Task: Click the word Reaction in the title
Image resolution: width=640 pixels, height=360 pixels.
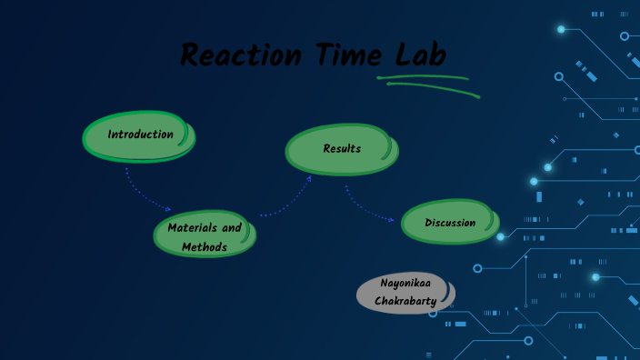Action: point(240,55)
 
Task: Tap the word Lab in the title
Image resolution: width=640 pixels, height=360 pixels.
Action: point(417,55)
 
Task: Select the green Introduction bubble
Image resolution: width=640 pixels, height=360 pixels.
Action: point(139,135)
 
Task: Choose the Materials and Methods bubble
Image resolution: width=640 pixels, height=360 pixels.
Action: point(205,236)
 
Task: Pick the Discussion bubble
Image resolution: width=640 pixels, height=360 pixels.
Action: point(450,223)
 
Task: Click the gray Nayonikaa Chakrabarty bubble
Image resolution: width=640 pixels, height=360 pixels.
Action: point(405,292)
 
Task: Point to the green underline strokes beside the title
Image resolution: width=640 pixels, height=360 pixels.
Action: point(427,85)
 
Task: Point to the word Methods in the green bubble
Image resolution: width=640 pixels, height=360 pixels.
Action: point(205,246)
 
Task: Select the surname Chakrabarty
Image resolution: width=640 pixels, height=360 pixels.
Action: point(405,300)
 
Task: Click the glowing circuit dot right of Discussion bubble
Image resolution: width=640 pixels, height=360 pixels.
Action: point(500,236)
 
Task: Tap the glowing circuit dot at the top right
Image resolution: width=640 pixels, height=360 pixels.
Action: point(561,29)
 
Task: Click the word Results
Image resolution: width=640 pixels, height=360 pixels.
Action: point(342,148)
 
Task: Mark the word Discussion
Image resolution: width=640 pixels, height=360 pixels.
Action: point(450,223)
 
